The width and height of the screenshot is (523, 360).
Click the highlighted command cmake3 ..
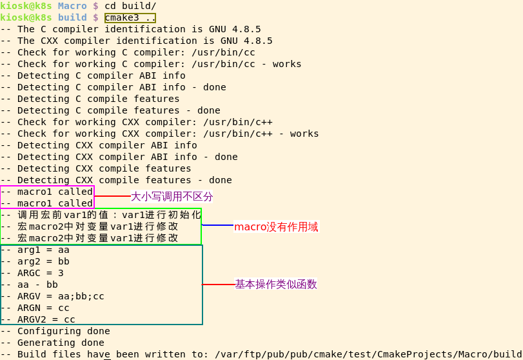click(130, 17)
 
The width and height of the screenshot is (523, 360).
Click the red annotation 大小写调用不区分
click(172, 196)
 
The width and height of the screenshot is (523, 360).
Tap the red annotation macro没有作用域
click(276, 227)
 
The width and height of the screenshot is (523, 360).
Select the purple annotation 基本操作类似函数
click(276, 284)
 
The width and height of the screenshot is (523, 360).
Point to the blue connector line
click(217, 225)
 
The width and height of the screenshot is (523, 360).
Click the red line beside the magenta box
click(112, 196)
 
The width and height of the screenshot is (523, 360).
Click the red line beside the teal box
click(219, 284)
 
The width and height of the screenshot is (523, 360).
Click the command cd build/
click(130, 6)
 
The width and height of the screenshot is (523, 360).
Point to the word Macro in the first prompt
click(72, 6)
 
